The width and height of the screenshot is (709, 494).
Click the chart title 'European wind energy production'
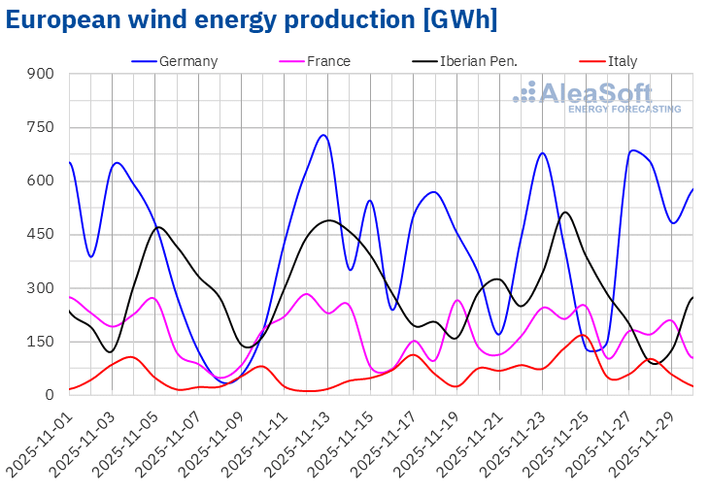[252, 20]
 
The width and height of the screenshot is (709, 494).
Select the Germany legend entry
[187, 61]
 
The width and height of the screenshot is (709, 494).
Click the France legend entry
[328, 61]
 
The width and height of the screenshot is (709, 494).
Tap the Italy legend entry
[623, 61]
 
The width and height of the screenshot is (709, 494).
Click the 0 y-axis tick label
[50, 395]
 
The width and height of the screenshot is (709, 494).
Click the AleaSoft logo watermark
[597, 97]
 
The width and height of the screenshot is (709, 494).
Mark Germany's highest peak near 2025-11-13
[323, 135]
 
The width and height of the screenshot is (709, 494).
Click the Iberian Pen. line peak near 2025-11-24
[564, 212]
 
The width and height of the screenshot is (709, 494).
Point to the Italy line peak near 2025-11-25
[581, 335]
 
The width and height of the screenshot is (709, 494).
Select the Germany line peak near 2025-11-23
[542, 152]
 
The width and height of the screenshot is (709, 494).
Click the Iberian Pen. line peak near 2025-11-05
[159, 227]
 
